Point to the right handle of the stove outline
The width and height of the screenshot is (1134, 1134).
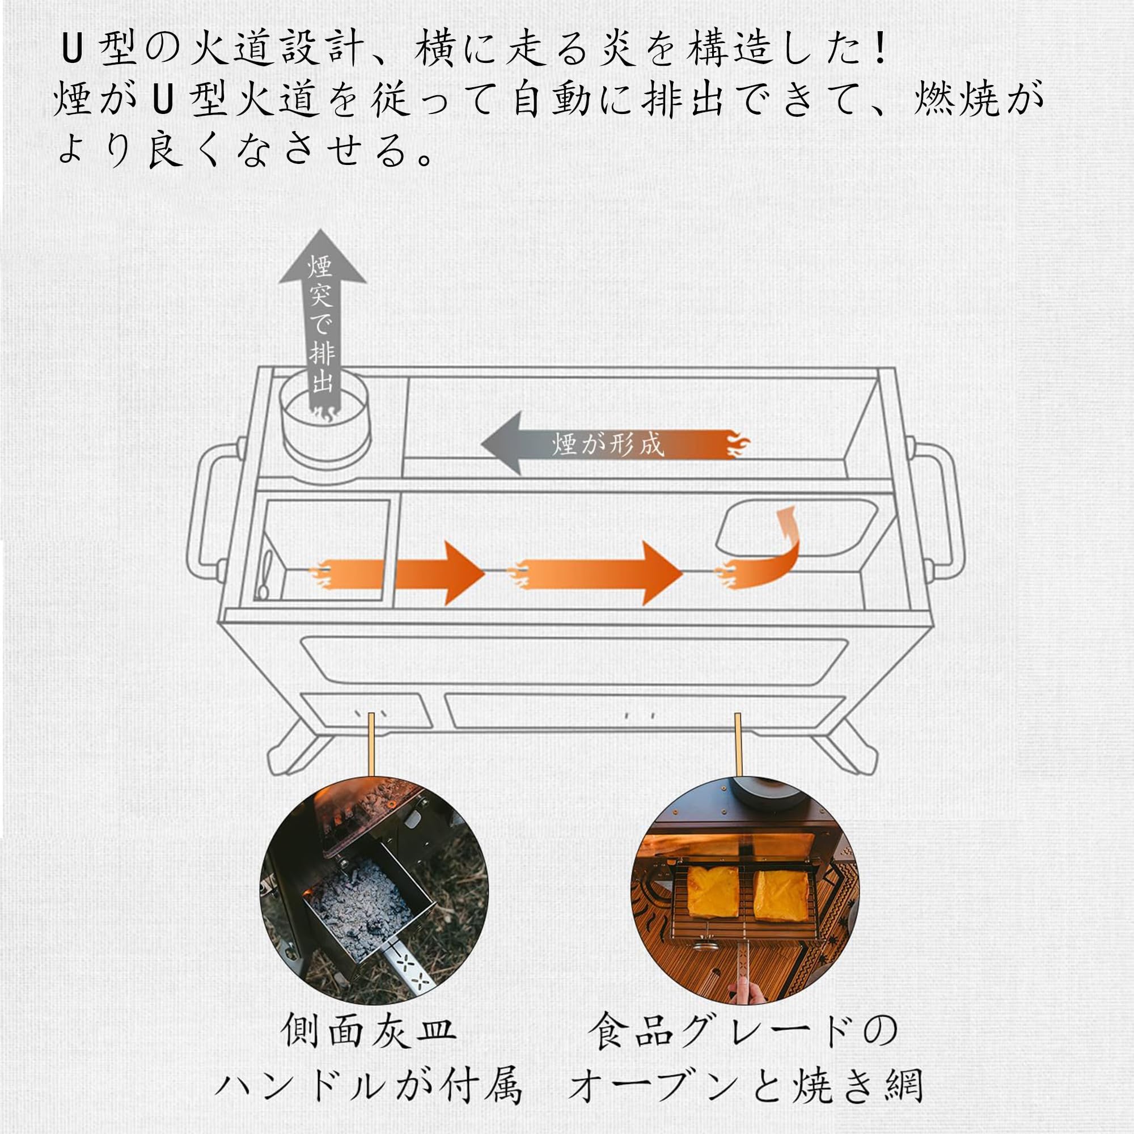[945, 511]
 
